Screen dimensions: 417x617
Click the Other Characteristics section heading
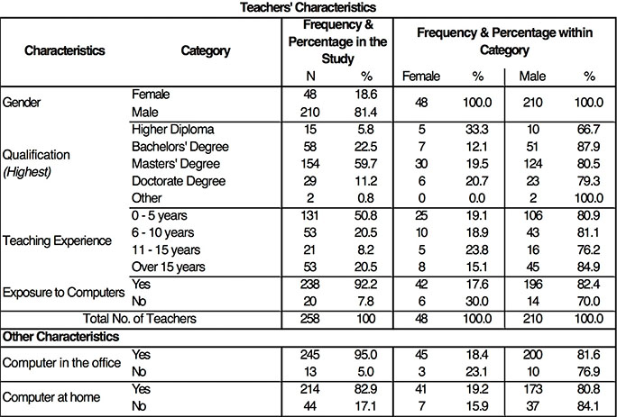point(60,336)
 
